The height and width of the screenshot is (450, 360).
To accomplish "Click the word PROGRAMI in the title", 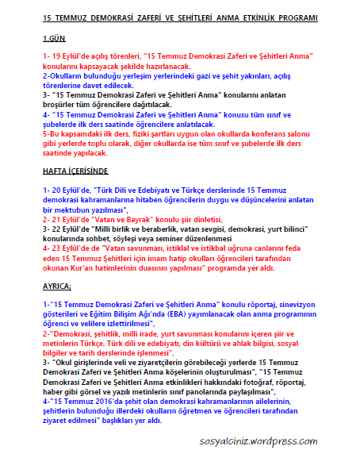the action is click(314, 17).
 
